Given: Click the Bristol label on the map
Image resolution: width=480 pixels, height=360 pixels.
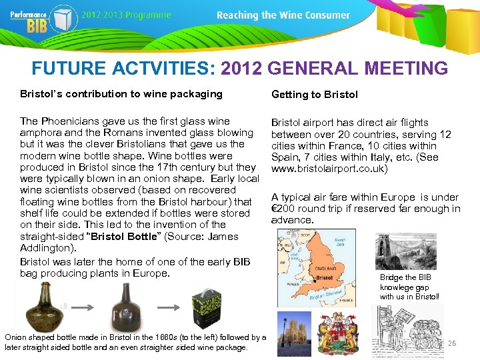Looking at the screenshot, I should tap(325, 277).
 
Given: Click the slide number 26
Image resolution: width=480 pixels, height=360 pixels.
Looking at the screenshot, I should tap(451, 343).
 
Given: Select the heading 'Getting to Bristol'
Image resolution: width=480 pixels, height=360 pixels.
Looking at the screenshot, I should tap(314, 95).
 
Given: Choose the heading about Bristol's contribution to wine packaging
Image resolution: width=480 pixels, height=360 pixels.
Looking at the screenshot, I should tap(121, 94).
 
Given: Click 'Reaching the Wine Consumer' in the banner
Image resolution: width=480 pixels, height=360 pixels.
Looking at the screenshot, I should tap(283, 15).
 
